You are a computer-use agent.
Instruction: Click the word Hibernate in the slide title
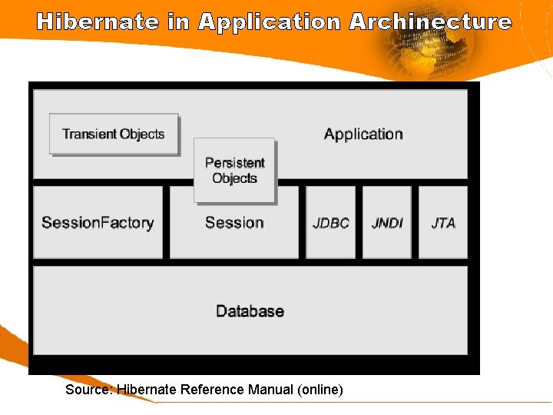coord(98,22)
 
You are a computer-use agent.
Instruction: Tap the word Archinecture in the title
coord(430,22)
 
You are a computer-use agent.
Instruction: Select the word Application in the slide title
coord(269,22)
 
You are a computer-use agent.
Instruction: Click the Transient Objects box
coord(114,134)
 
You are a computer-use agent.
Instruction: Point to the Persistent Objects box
coord(234,171)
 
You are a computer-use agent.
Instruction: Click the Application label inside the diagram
coord(363,134)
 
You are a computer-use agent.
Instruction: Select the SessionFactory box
coord(98,223)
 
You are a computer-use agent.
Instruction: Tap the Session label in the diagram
coord(234,223)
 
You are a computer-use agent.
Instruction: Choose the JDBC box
coord(331,223)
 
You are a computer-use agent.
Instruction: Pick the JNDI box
coord(387,223)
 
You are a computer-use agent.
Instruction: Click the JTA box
coord(443,223)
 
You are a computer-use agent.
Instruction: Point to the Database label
coord(250,311)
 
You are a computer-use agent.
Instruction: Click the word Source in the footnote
coord(88,390)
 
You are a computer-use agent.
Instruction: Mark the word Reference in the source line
coord(212,390)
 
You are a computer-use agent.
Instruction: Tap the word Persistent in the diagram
coord(234,163)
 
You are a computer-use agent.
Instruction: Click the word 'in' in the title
coord(177,22)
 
